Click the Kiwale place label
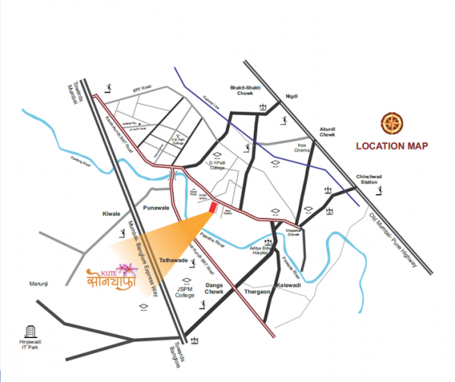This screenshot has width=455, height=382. pyautogui.click(x=111, y=214)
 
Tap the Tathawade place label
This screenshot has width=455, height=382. pyautogui.click(x=173, y=260)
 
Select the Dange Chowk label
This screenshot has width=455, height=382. pyautogui.click(x=220, y=288)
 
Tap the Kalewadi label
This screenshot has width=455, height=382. pyautogui.click(x=290, y=285)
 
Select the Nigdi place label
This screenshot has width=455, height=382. pyautogui.click(x=291, y=96)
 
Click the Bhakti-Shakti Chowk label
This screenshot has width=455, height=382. pyautogui.click(x=245, y=91)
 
